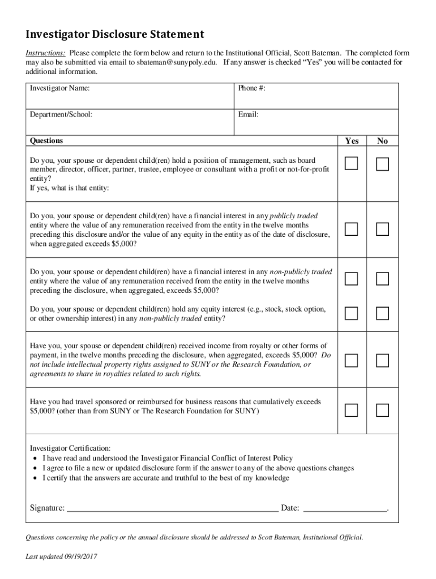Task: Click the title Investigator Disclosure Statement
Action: (114, 34)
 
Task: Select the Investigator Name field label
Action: (59, 89)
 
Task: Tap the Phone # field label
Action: (252, 89)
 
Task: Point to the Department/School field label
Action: (61, 115)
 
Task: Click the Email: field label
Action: (248, 115)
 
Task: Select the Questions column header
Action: (46, 141)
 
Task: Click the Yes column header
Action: (352, 141)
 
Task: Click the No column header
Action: (382, 141)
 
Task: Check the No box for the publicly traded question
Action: (383, 229)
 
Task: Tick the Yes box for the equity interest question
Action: (352, 313)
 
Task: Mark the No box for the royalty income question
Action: (383, 360)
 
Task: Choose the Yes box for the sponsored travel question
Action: (352, 410)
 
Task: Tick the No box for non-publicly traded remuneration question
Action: (383, 279)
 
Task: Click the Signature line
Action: (173, 508)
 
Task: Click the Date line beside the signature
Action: (345, 508)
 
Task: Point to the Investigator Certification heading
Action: (70, 448)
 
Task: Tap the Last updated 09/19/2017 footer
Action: (62, 557)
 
